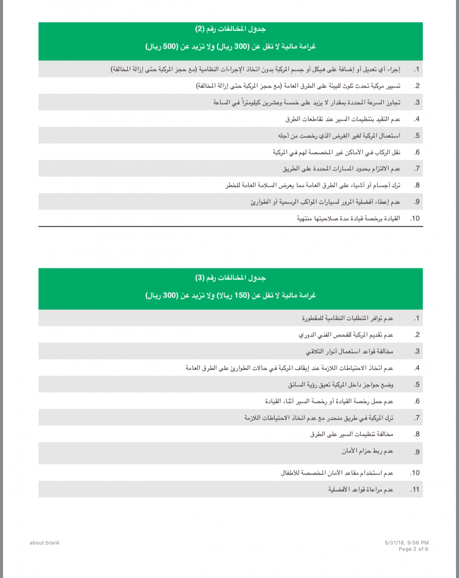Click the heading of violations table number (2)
pyautogui.click(x=230, y=29)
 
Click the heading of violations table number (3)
pyautogui.click(x=230, y=278)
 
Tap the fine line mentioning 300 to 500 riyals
pyautogui.click(x=230, y=47)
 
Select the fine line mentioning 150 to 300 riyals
pyautogui.click(x=230, y=295)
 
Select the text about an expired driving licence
pyautogui.click(x=348, y=218)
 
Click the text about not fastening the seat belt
pyautogui.click(x=367, y=451)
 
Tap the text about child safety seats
pyautogui.click(x=337, y=473)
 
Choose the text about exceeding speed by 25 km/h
pyautogui.click(x=307, y=102)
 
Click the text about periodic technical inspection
pyautogui.click(x=346, y=335)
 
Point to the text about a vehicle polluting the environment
pyautogui.click(x=298, y=86)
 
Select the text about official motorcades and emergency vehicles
pyautogui.click(x=325, y=202)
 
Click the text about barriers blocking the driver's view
pyautogui.click(x=341, y=385)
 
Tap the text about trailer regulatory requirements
pyautogui.click(x=347, y=318)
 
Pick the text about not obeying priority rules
pyautogui.click(x=361, y=489)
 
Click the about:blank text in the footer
pyautogui.click(x=45, y=543)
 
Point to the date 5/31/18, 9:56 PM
pyautogui.click(x=407, y=543)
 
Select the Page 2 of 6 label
pyautogui.click(x=413, y=549)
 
